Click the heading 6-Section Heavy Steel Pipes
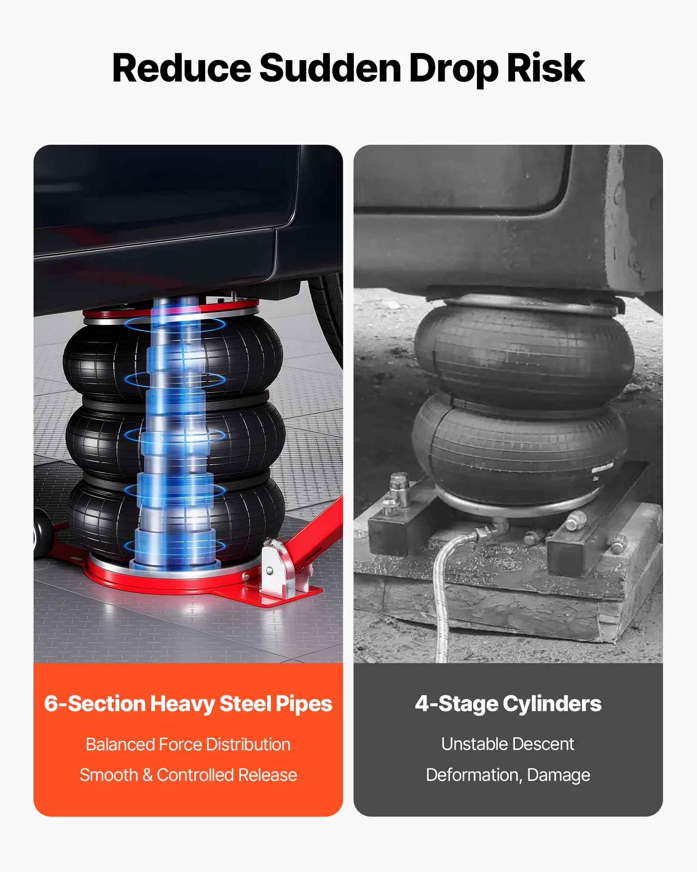188,704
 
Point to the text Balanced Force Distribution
188,744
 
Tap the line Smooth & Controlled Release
188,775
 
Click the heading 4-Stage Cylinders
508,704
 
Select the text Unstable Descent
508,744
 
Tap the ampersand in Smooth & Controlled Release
147,775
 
